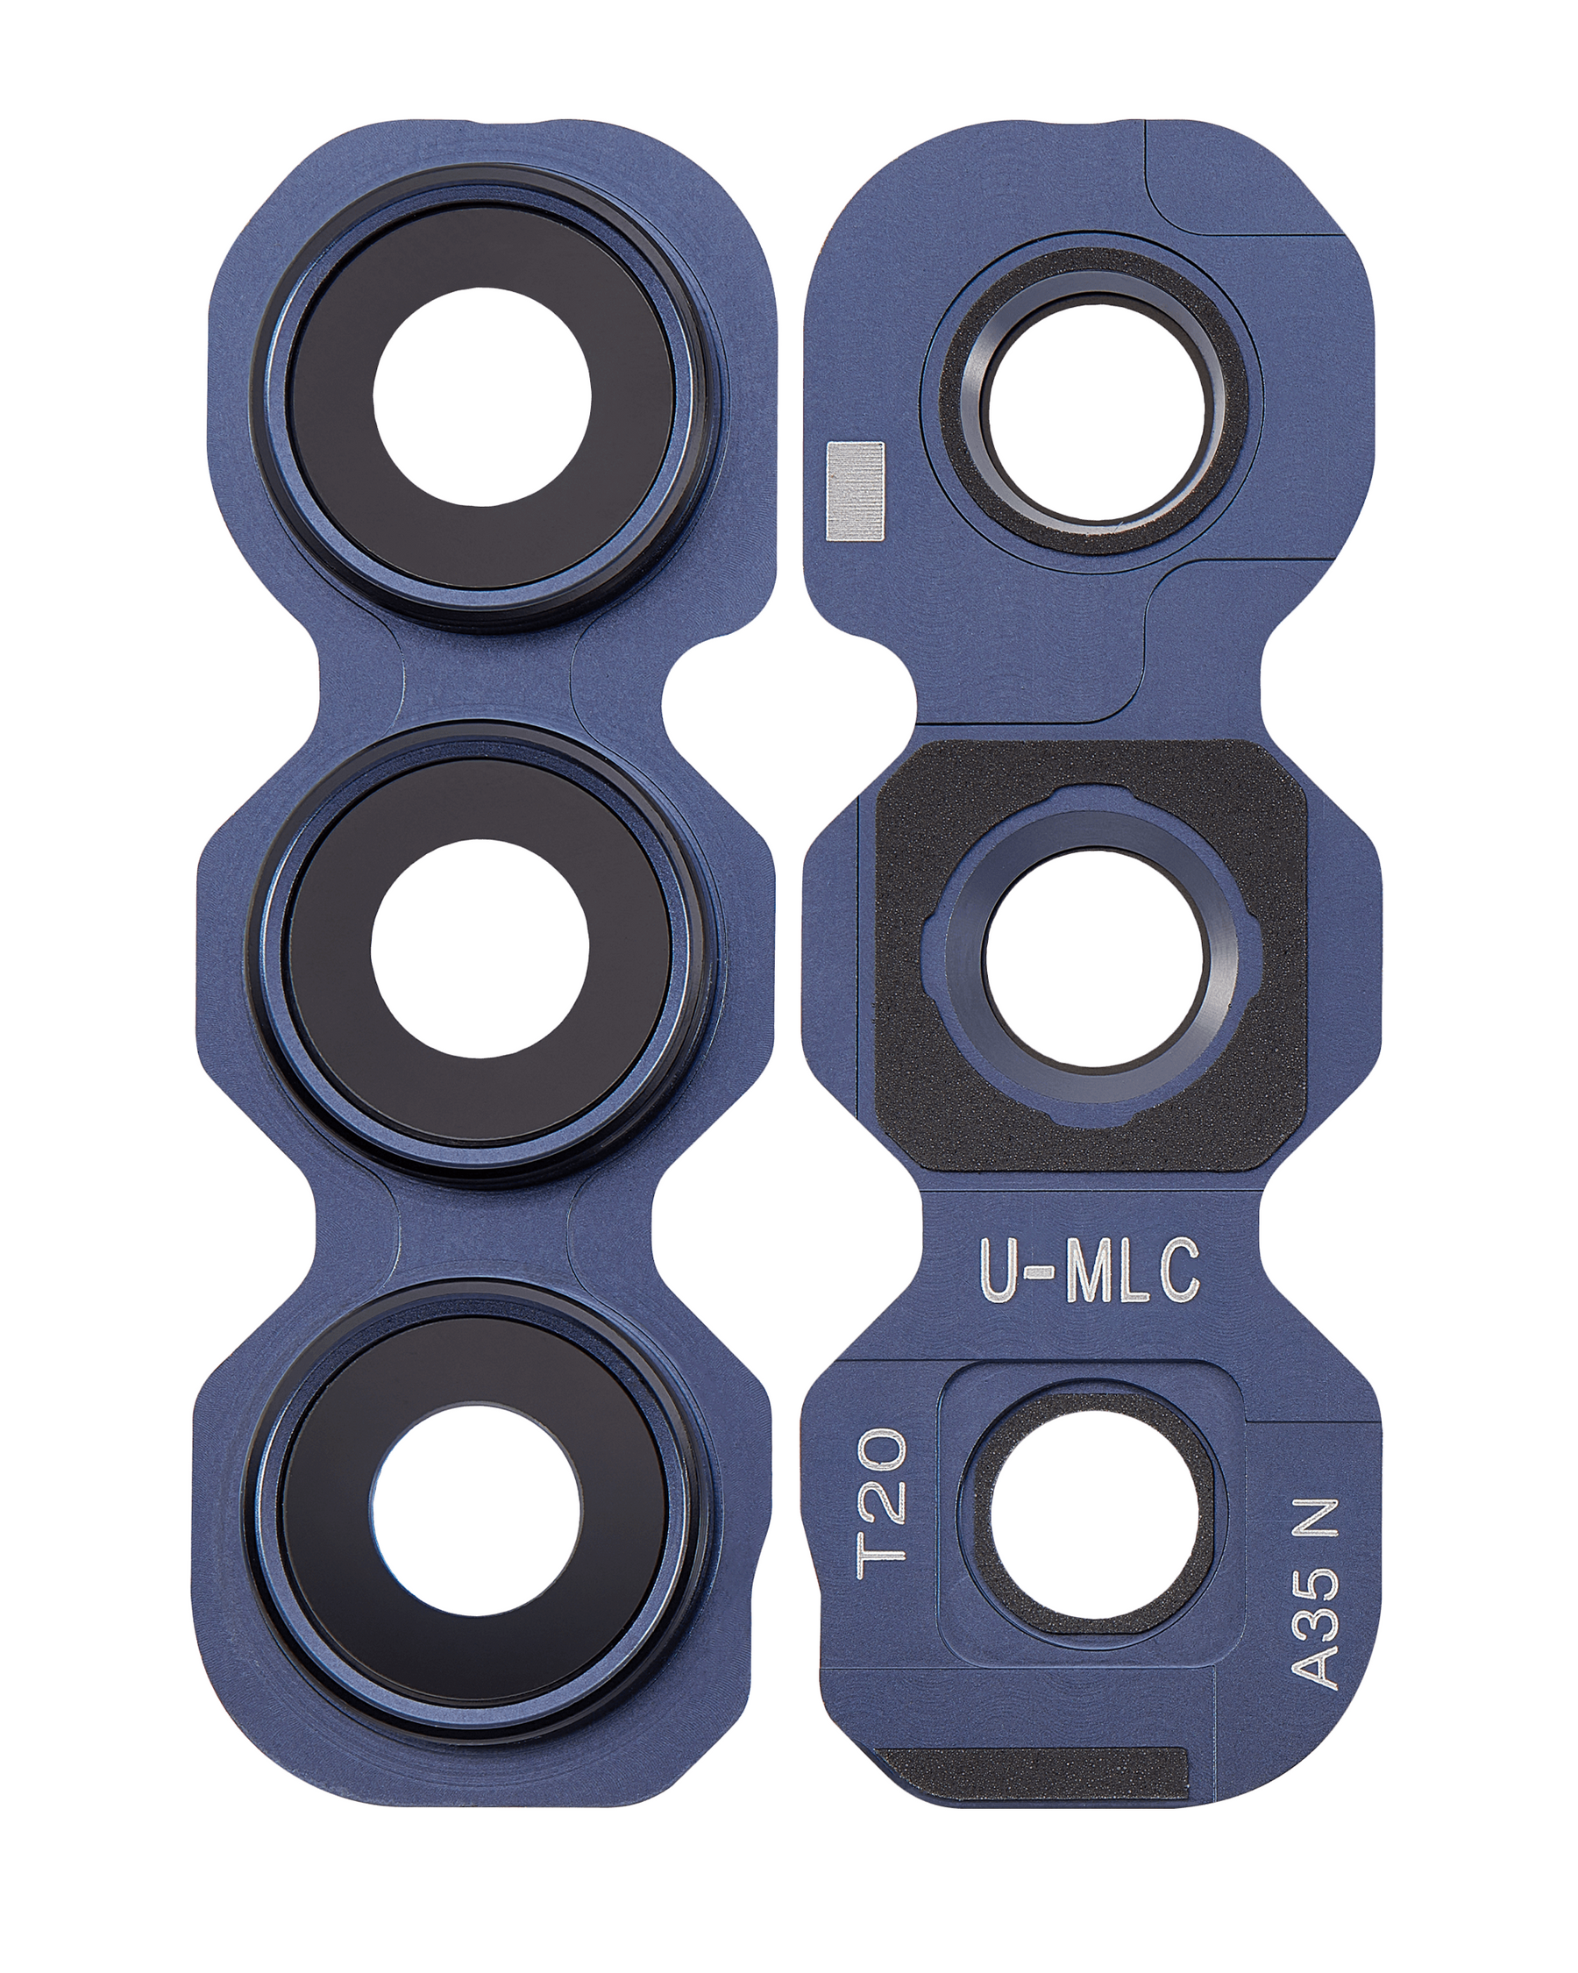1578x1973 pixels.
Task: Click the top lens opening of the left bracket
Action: [x=481, y=396]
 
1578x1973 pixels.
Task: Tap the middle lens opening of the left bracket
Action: [x=480, y=948]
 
